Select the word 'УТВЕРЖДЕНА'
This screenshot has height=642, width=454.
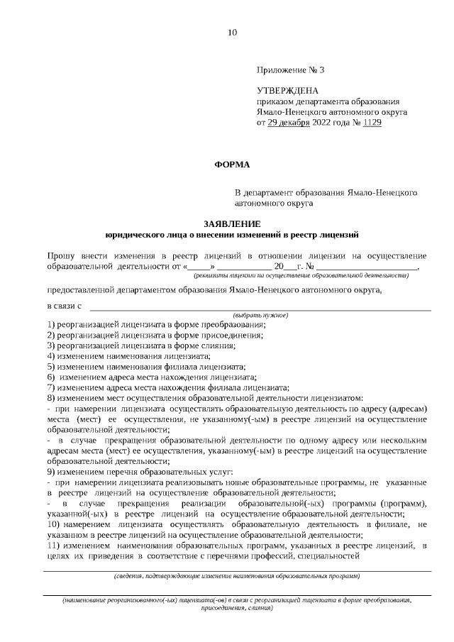287,91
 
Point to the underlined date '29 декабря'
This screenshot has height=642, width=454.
289,122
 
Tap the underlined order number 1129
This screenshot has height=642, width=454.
372,122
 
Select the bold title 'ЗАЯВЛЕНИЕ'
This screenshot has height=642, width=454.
232,223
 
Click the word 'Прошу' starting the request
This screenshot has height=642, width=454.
60,255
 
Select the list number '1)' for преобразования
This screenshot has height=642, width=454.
51,324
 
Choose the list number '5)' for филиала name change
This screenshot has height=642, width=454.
51,367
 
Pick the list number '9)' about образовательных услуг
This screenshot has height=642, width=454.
51,472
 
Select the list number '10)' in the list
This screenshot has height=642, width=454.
53,524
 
